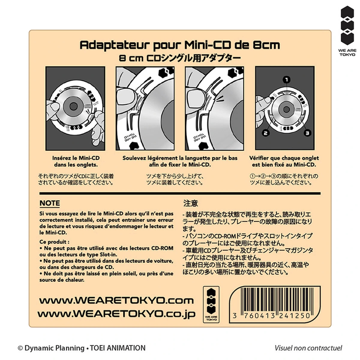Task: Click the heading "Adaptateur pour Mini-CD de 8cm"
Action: click(x=180, y=45)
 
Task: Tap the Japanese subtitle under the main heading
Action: click(x=180, y=58)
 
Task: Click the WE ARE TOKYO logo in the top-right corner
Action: click(x=347, y=31)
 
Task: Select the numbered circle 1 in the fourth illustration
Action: click(x=286, y=80)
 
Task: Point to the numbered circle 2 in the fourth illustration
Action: click(x=266, y=133)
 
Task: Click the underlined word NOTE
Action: click(x=50, y=203)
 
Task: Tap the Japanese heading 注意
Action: click(x=190, y=203)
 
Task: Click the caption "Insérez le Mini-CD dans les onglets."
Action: click(x=76, y=161)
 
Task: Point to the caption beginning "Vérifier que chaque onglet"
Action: click(x=284, y=161)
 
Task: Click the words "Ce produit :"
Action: click(x=54, y=242)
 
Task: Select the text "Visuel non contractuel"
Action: click(x=308, y=348)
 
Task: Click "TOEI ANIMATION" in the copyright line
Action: click(x=118, y=348)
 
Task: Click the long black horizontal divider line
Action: click(x=180, y=193)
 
